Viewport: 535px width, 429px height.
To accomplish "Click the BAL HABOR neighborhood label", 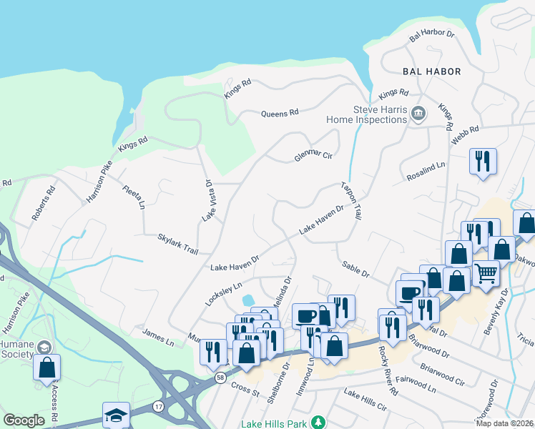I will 431,71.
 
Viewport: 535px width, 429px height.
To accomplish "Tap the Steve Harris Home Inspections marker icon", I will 418,113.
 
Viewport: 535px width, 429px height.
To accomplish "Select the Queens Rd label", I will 280,113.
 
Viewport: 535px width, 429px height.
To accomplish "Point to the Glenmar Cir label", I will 314,156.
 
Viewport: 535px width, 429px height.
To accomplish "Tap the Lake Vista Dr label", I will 209,200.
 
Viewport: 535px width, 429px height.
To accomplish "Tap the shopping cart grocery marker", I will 486,272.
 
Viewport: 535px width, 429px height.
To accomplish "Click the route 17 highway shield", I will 158,406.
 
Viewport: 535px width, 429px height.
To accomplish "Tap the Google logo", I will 24,420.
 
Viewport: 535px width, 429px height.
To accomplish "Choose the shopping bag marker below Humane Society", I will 47,367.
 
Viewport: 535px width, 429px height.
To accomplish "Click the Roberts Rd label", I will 43,204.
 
